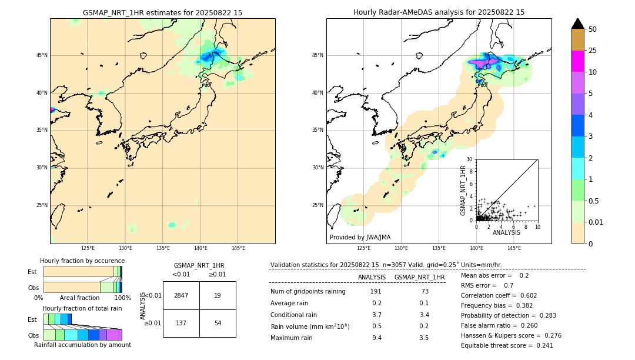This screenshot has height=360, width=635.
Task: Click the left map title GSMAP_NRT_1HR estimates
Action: (x=162, y=12)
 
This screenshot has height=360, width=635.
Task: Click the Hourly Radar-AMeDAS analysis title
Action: (x=439, y=12)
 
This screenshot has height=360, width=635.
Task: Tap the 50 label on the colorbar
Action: (x=593, y=29)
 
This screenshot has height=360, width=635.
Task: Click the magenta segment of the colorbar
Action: (x=577, y=61)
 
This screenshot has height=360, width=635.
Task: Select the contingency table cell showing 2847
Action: (x=181, y=295)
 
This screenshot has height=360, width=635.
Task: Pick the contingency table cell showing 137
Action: (x=181, y=324)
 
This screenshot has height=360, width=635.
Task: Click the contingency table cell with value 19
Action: (x=218, y=295)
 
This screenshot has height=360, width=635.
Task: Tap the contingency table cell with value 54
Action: (x=218, y=324)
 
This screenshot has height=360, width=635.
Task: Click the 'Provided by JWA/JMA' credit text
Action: (x=360, y=237)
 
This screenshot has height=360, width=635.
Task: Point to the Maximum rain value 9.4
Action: (x=376, y=338)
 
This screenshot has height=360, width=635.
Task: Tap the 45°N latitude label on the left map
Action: (x=42, y=55)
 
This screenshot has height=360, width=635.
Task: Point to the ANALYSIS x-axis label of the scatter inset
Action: (x=506, y=232)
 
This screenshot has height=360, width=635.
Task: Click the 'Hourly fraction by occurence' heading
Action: (x=82, y=261)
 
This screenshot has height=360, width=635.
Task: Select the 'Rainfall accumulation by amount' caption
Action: (x=82, y=345)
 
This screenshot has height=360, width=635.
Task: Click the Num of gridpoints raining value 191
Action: (x=376, y=291)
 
